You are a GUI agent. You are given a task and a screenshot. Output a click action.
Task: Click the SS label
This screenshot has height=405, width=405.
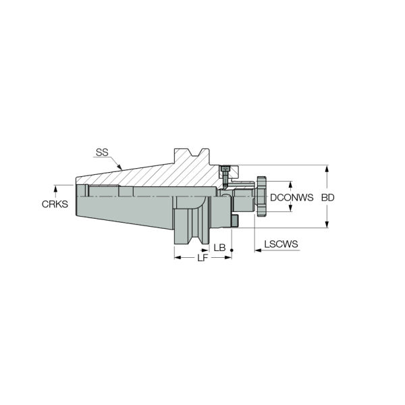click(102, 153)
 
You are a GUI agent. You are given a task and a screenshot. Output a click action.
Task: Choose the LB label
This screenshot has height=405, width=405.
click(219, 248)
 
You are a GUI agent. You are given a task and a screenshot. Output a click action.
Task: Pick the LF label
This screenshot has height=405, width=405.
click(202, 258)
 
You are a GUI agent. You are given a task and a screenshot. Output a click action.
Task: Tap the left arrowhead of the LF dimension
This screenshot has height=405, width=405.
click(178, 258)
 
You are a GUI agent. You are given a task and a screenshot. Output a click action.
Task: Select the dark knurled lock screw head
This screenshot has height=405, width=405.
click(262, 196)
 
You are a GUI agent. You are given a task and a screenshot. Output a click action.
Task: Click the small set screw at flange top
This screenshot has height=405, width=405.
click(225, 169)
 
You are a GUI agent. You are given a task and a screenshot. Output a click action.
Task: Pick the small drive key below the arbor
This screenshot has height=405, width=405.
click(235, 220)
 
